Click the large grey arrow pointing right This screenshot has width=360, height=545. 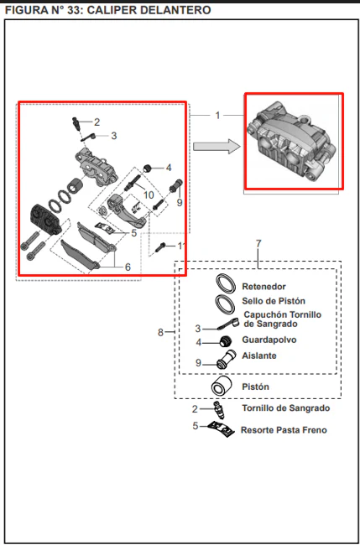click(217, 147)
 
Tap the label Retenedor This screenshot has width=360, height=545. click(264, 287)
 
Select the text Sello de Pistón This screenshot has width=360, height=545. click(274, 301)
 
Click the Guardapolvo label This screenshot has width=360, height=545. click(269, 340)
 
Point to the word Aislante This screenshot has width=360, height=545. click(259, 356)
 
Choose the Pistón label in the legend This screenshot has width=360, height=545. click(255, 387)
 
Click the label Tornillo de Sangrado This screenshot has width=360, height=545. click(286, 408)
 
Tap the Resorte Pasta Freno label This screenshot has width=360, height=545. click(284, 430)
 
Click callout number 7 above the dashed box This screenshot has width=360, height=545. click(258, 244)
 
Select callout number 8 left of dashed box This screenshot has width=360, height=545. click(160, 333)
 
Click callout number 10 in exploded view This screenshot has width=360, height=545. click(149, 195)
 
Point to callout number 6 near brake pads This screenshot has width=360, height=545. click(128, 267)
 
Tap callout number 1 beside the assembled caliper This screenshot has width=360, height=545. click(217, 115)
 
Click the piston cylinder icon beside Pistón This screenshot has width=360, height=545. click(222, 386)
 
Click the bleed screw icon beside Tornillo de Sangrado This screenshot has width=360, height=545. click(219, 410)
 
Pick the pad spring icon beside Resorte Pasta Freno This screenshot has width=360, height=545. click(221, 429)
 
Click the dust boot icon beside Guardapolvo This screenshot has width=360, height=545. click(226, 341)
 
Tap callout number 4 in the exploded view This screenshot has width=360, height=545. click(169, 169)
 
